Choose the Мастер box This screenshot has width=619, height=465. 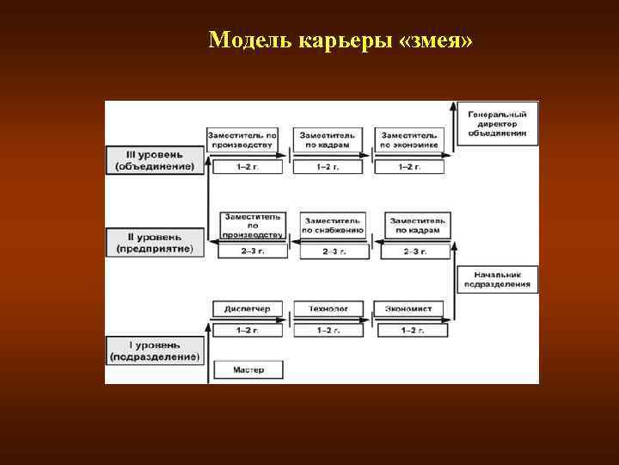pos(247,370)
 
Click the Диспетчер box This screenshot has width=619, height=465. pos(247,308)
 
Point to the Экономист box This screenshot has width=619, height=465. pos(408,308)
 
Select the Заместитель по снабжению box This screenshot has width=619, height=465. pos(332,226)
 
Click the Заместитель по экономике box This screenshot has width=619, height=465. pos(409,140)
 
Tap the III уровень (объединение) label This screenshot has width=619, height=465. pos(155,159)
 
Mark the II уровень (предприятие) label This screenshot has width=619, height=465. pos(155,242)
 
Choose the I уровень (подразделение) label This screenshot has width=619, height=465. pos(155,350)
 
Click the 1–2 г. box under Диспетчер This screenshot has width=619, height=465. pos(247,330)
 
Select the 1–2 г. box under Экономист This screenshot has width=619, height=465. pos(409,330)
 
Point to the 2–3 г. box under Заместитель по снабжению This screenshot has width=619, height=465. pos(332,251)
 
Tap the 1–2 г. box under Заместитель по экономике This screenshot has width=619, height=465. pos(409,165)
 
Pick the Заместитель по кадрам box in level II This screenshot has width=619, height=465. pos(416,226)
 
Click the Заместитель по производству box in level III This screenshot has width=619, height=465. pos(246,140)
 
